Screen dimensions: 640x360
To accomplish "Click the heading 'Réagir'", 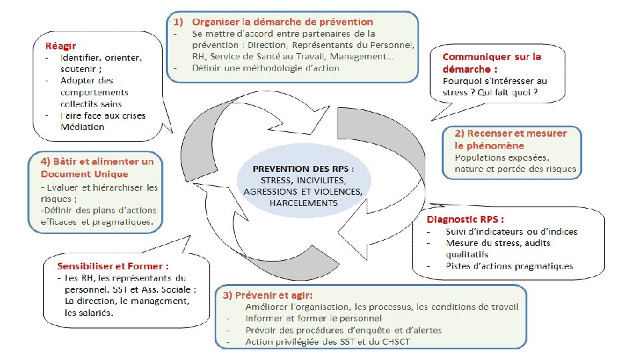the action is click(x=61, y=46).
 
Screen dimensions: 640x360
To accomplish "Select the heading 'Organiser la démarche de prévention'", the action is click(x=282, y=22).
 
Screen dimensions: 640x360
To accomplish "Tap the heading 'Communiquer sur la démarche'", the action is click(x=492, y=63).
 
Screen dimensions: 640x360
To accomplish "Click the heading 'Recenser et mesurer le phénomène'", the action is click(x=511, y=139).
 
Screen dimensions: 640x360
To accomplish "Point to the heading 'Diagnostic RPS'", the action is click(x=465, y=219).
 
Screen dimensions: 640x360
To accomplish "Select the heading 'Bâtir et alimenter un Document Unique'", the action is click(x=97, y=167).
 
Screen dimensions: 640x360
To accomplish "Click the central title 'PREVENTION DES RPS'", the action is click(x=303, y=169).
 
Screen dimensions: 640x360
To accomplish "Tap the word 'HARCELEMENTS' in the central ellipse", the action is click(x=304, y=203).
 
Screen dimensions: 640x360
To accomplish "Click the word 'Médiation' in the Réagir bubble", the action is click(x=83, y=127).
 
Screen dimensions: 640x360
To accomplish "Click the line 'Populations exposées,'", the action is click(x=502, y=157).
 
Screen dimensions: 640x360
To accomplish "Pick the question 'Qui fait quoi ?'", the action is click(x=513, y=92).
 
